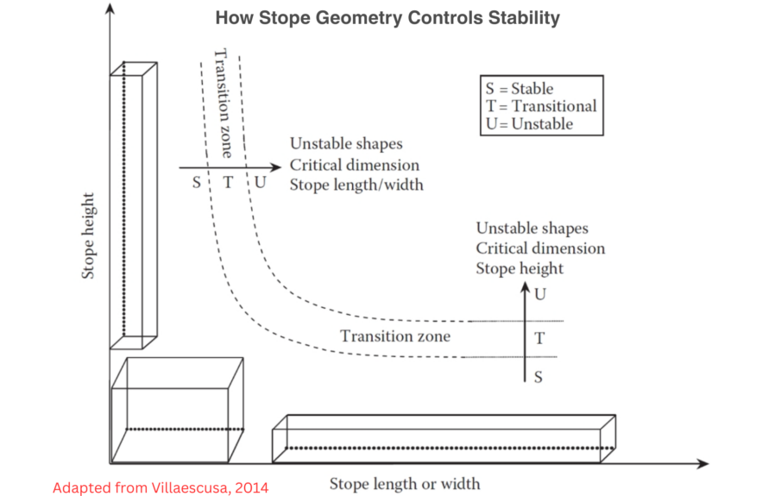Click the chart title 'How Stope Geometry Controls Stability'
[387, 17]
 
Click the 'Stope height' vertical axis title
[88, 241]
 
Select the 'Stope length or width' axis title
[404, 483]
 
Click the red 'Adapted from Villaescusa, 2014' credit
[161, 488]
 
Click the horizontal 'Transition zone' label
[394, 336]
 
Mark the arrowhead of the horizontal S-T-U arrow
[276, 167]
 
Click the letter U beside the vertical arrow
[540, 295]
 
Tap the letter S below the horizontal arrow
[196, 183]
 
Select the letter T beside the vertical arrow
[539, 338]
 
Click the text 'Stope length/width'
[356, 185]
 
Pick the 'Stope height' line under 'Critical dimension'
[520, 268]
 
